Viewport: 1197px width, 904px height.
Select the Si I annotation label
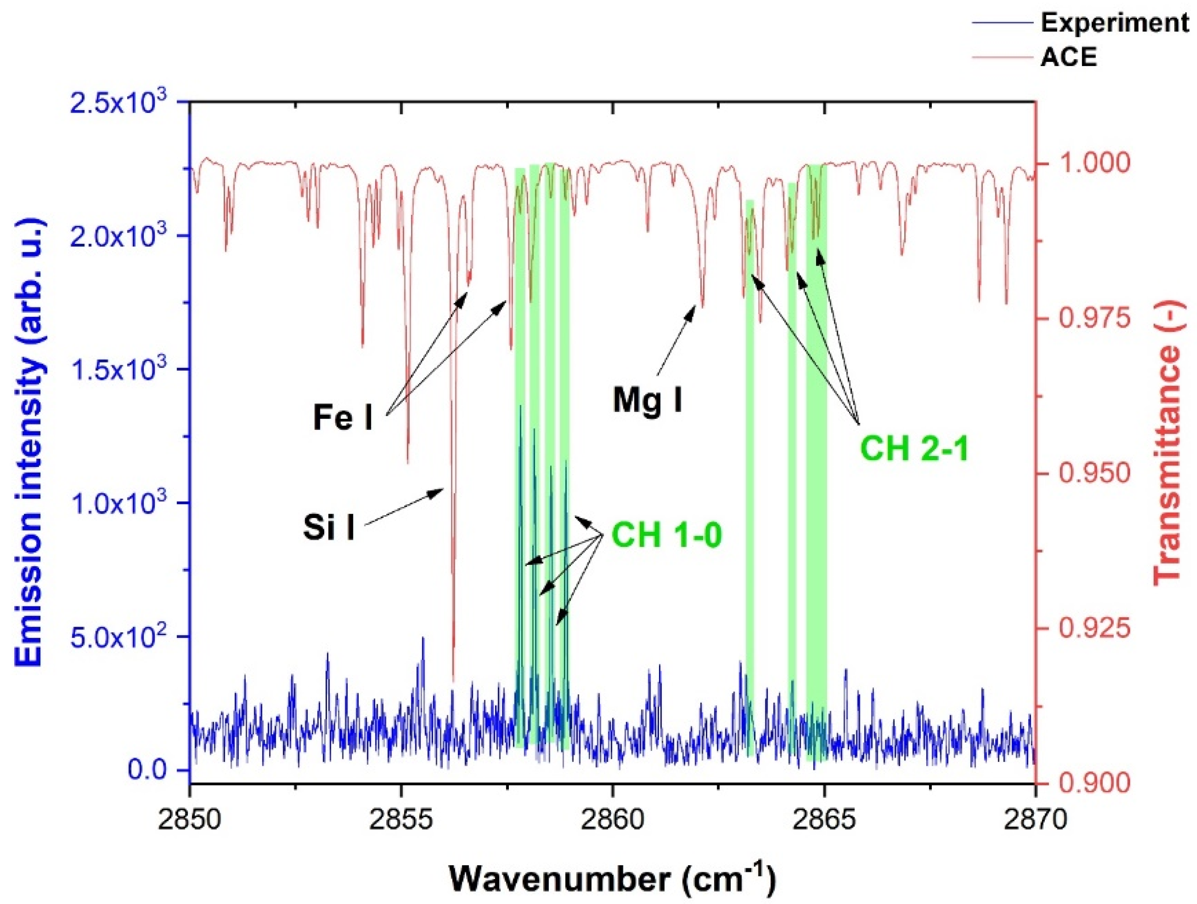[x=328, y=528]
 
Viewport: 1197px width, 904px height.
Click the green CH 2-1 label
[x=914, y=449]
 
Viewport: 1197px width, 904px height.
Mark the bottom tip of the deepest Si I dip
[x=453, y=680]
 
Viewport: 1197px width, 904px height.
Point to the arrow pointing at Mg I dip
[x=676, y=339]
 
